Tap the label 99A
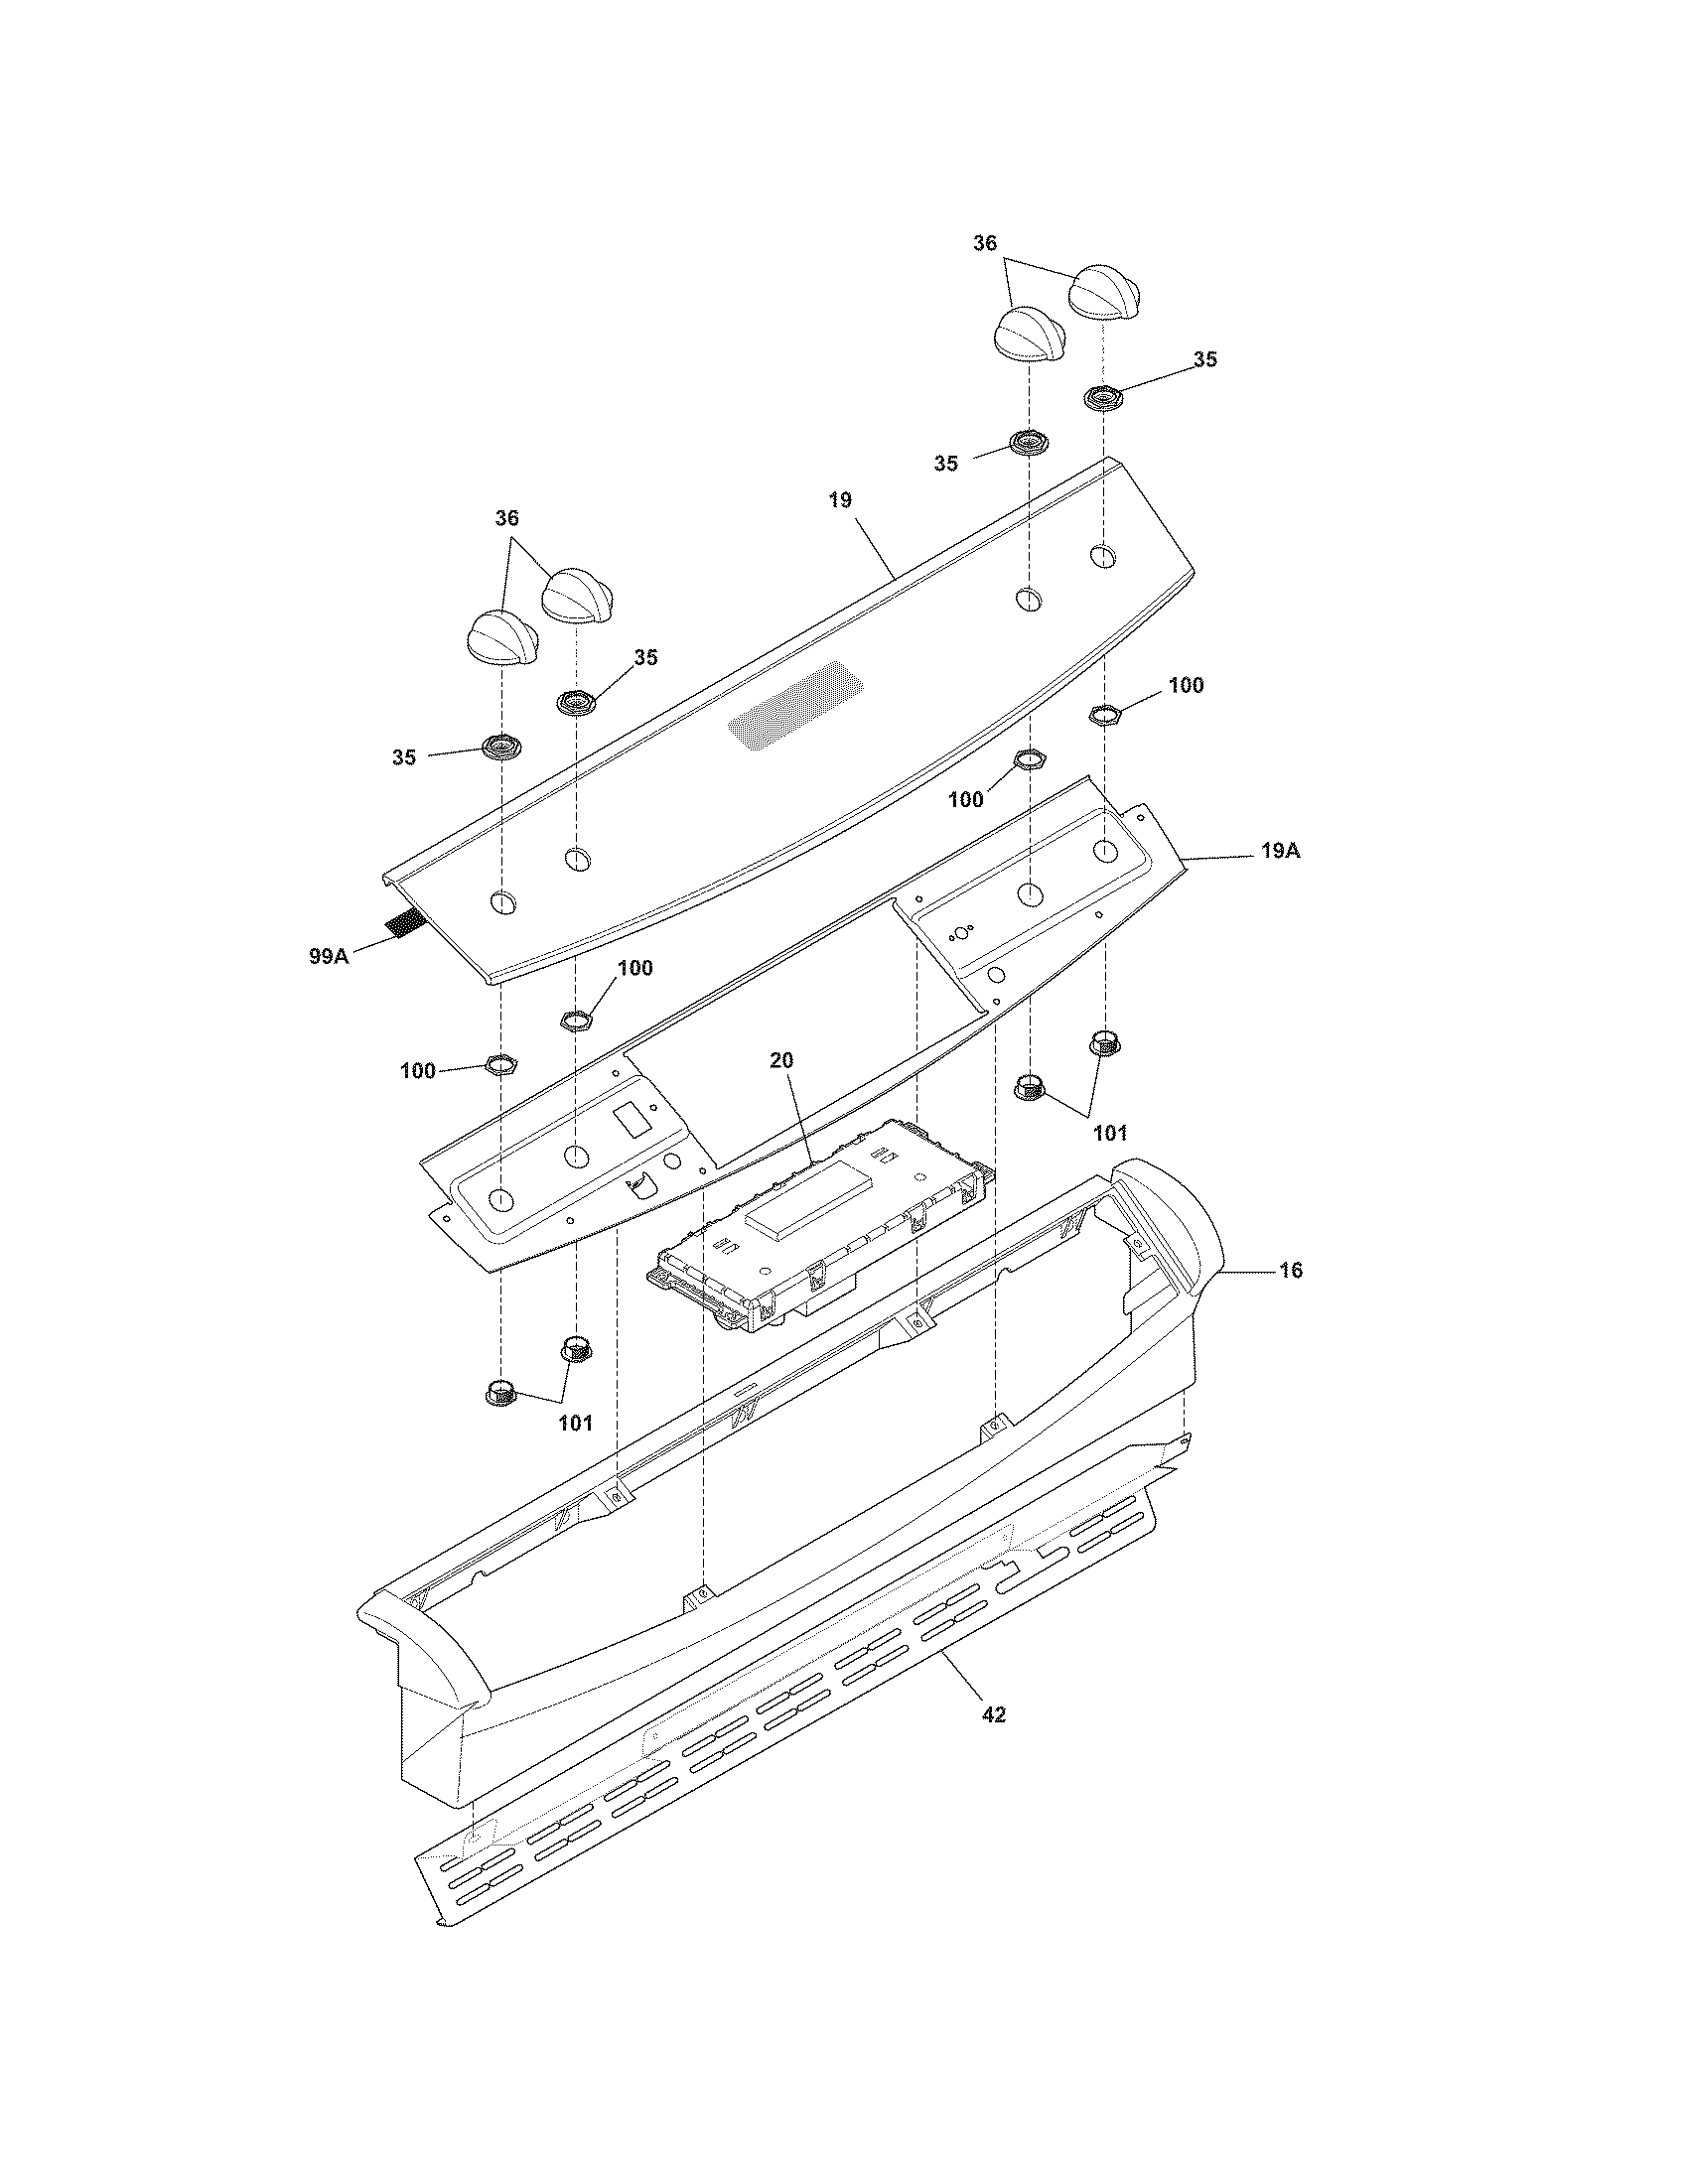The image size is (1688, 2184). pos(328,957)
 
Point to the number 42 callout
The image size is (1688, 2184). pos(993,1715)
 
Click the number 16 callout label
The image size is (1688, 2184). pos(1290,1270)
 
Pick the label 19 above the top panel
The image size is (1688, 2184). pos(840,500)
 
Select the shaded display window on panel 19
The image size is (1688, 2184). pos(795,712)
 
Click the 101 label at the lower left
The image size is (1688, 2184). pos(575,1423)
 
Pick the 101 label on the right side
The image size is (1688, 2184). pos(1109,1133)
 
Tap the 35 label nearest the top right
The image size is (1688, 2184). pos(1205,359)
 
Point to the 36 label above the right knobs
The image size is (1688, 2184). pos(985,243)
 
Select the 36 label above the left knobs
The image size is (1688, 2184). pos(507,518)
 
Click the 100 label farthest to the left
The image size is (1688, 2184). pos(417,1071)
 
